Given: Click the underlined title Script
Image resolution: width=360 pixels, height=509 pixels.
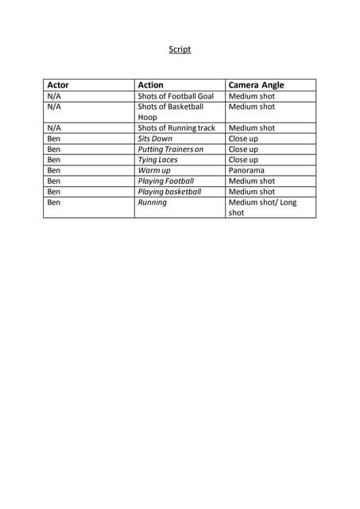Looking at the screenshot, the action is pos(180,49).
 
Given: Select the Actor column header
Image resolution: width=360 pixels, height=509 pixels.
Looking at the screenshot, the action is pos(58,85).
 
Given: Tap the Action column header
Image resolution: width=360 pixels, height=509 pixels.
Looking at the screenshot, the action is pos(151,85).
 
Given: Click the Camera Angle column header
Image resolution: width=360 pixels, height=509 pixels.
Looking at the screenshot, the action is pos(256,85).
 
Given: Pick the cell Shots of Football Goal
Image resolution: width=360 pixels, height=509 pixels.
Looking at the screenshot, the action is pos(176,96).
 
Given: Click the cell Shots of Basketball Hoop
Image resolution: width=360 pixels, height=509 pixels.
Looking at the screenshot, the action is pos(170,111).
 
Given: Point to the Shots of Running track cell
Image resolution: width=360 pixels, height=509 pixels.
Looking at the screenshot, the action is pos(176,127).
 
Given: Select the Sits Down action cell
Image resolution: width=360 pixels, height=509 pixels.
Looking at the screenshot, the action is pos(155,138).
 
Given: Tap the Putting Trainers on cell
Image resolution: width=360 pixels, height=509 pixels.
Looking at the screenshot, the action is pos(171,149).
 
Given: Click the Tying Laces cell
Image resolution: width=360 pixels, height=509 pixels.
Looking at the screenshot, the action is pos(157,160).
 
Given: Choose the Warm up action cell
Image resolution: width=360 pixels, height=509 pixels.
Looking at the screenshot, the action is pos(154,170).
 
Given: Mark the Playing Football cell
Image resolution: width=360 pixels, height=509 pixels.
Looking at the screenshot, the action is pos(165,181).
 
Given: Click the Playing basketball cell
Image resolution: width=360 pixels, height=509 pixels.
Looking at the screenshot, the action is pos(169,192).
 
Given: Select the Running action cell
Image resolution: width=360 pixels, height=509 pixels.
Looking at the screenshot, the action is pos(152,202).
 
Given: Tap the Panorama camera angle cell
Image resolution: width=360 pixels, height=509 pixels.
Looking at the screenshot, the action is pos(246,170).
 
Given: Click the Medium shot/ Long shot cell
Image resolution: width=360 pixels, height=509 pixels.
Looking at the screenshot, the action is pos(262,208).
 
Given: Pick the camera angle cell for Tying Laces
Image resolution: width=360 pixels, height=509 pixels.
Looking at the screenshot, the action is pos(243,160).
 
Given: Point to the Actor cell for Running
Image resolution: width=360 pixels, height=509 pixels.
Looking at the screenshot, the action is pos(54,202).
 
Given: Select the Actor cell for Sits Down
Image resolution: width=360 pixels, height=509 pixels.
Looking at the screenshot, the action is pos(54,138).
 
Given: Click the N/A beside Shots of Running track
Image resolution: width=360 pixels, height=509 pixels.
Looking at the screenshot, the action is pos(54,127).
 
